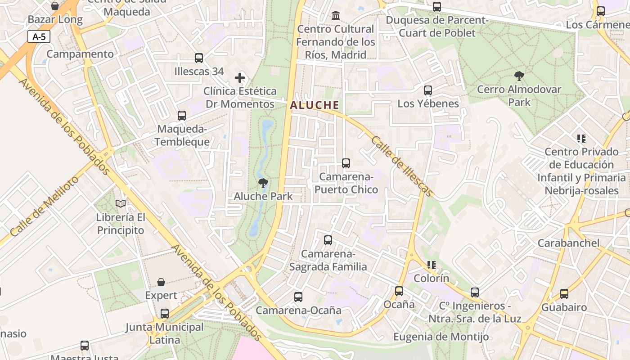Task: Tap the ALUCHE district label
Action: (314, 105)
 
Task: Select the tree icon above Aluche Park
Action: (263, 183)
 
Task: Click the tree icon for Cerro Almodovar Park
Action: (519, 76)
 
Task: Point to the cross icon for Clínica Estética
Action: (240, 78)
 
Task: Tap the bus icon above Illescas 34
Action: (199, 58)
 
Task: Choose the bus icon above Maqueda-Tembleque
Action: (182, 116)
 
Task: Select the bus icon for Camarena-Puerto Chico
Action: (346, 163)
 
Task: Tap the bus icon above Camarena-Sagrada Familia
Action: (328, 240)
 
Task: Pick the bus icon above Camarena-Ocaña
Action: (298, 297)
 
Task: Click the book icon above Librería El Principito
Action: (121, 204)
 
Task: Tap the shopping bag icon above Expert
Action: (161, 282)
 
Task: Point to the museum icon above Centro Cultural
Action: (336, 16)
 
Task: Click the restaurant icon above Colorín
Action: (432, 265)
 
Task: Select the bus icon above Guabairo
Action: (564, 294)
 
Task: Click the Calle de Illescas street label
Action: (402, 166)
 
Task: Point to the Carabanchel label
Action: (569, 243)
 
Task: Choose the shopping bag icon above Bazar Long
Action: (55, 6)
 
